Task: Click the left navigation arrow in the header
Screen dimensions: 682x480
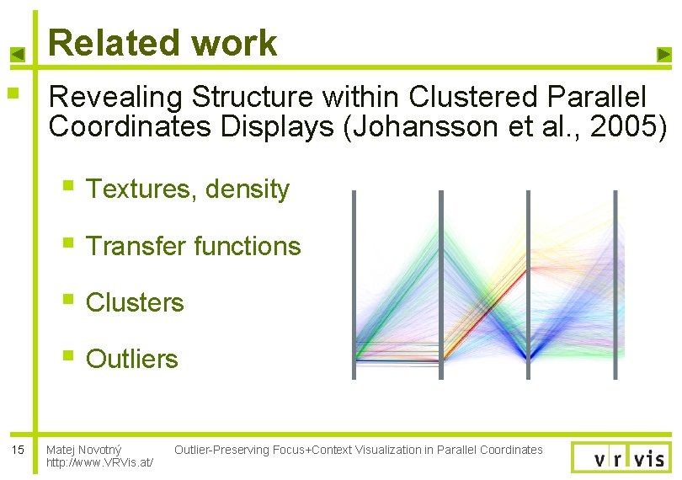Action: pyautogui.click(x=18, y=55)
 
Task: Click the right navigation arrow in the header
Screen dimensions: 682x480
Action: pyautogui.click(x=663, y=55)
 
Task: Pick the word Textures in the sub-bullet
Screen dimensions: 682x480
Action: pyautogui.click(x=139, y=189)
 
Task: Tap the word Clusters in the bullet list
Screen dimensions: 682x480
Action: pyautogui.click(x=135, y=302)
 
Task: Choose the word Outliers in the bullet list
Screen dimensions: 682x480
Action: pyautogui.click(x=132, y=359)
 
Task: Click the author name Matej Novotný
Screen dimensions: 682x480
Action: pyautogui.click(x=84, y=450)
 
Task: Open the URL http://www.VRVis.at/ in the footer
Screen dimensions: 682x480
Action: pyautogui.click(x=99, y=463)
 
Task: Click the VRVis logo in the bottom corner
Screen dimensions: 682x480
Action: pyautogui.click(x=621, y=457)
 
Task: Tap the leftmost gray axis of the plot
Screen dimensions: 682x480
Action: pyautogui.click(x=354, y=285)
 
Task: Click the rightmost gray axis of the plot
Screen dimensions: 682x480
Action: pyautogui.click(x=615, y=285)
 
